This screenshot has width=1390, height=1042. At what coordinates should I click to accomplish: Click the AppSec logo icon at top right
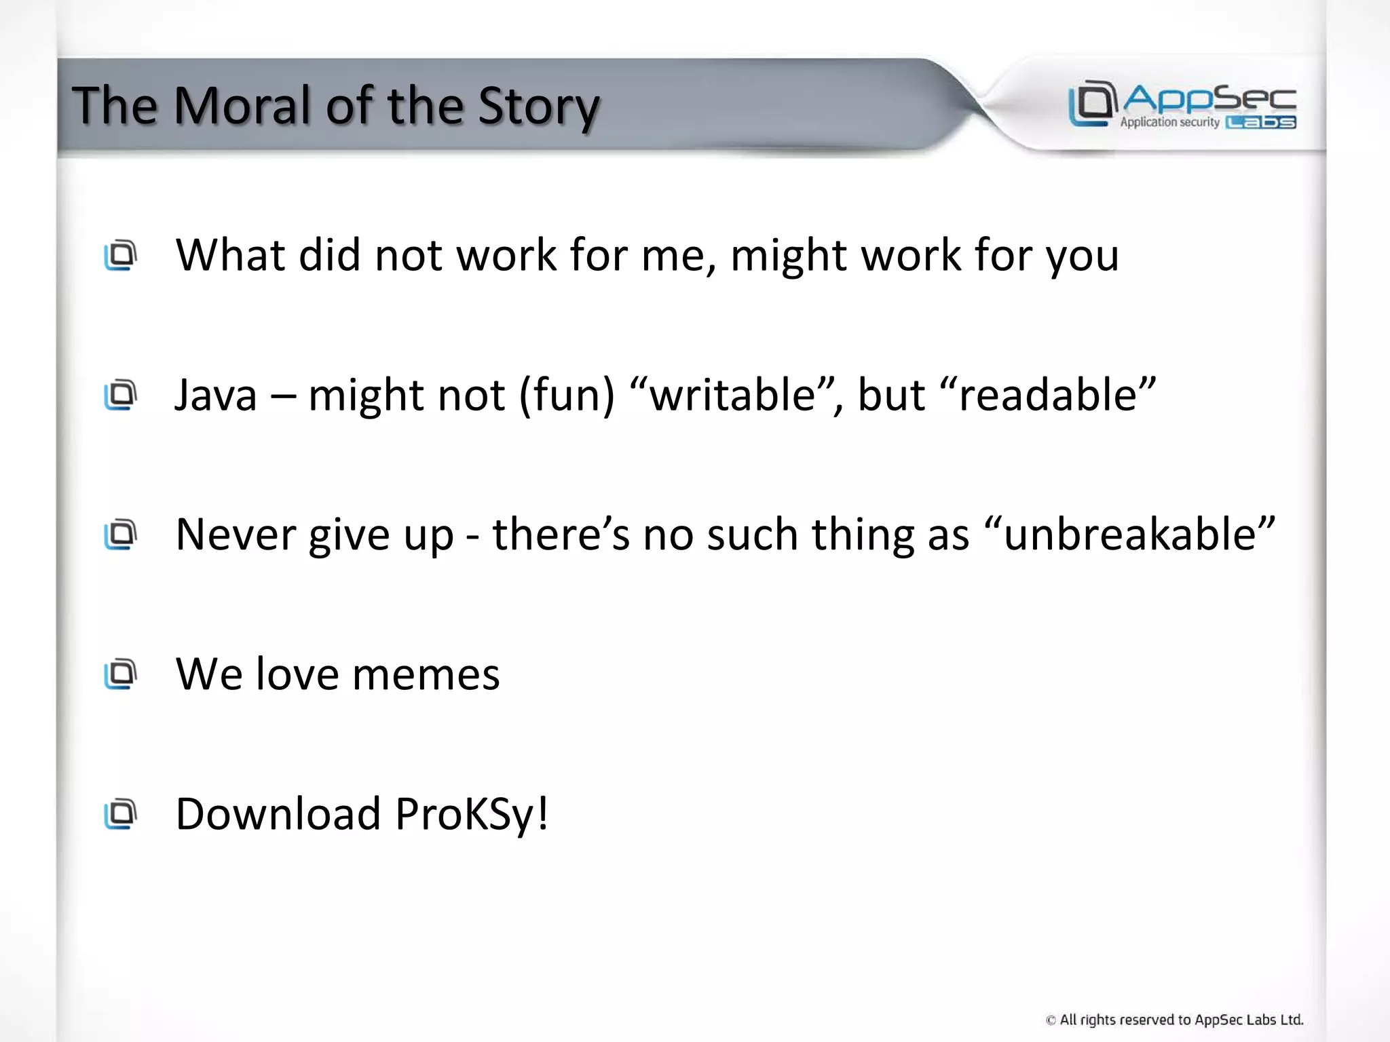[1092, 103]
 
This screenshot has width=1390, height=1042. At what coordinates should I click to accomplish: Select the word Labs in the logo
[1261, 123]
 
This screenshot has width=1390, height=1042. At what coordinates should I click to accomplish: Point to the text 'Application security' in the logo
[1169, 123]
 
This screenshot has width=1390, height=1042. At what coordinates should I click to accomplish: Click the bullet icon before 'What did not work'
[120, 256]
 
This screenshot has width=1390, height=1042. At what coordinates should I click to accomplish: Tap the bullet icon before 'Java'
[120, 395]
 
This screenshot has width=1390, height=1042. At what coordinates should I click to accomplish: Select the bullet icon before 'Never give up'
[120, 535]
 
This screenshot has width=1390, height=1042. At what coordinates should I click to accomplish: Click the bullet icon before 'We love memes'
[120, 674]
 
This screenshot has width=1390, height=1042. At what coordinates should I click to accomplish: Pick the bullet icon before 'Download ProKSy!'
[120, 813]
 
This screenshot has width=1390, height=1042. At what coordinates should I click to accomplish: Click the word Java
[216, 395]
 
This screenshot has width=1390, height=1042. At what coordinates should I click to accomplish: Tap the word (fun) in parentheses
[567, 395]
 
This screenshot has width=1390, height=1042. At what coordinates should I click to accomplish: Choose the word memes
[426, 674]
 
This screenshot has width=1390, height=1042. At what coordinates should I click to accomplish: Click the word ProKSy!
[471, 814]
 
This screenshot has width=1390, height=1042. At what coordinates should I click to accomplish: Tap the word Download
[278, 813]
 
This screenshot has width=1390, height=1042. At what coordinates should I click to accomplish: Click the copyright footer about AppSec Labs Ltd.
[1174, 1020]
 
